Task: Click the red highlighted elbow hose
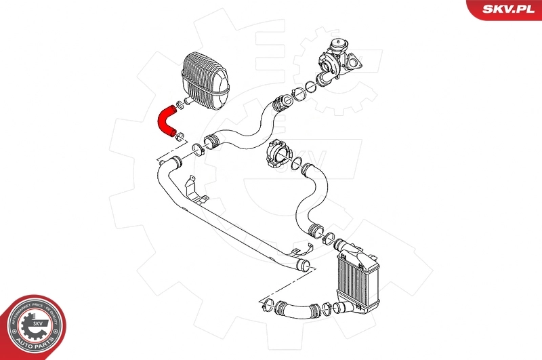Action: pyautogui.click(x=165, y=119)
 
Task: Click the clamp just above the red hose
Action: pyautogui.click(x=178, y=104)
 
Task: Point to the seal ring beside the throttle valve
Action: pyautogui.click(x=297, y=162)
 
